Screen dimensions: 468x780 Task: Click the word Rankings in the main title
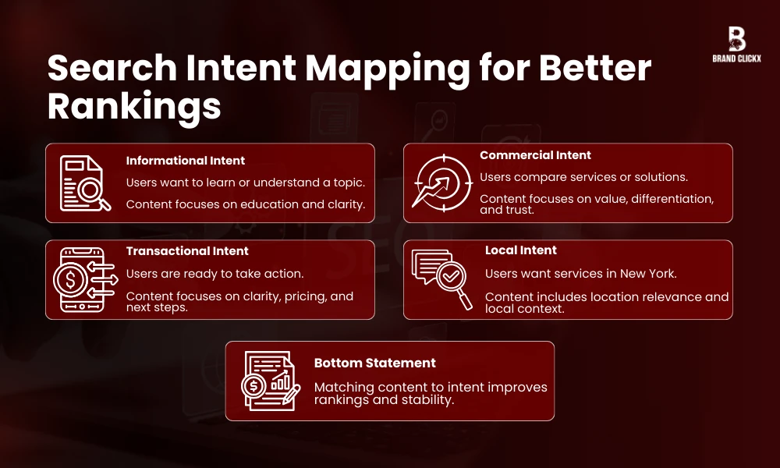pos(134,106)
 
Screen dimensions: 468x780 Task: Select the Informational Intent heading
pos(186,161)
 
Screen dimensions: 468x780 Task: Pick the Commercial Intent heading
pos(536,155)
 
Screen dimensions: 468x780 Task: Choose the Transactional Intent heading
pos(187,251)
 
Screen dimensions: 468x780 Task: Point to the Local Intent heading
pos(521,250)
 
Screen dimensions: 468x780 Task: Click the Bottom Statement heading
pos(375,363)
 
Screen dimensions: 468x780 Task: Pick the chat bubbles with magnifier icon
pos(440,278)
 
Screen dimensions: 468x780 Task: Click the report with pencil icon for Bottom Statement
pos(270,380)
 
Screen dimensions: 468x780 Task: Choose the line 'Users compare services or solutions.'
pos(583,177)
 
